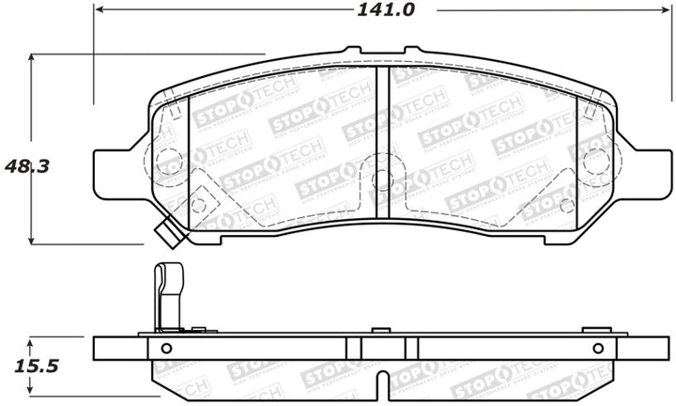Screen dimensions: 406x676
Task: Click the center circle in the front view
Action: tap(382, 179)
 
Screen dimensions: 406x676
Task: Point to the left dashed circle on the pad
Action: tap(168, 162)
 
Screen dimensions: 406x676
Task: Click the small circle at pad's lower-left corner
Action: tap(199, 201)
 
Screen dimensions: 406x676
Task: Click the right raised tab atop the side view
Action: tap(591, 331)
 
